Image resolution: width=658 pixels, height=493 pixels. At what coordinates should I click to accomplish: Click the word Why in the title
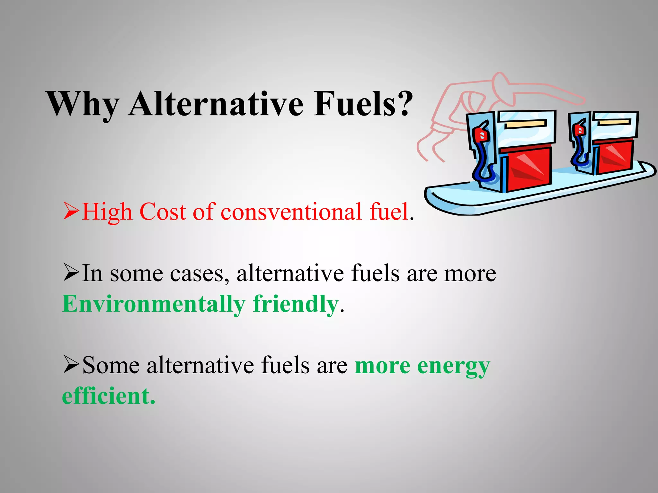point(83,105)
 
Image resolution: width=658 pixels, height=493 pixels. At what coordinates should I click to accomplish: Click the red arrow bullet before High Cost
point(71,211)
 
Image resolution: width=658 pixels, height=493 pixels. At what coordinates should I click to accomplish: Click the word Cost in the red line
point(162,212)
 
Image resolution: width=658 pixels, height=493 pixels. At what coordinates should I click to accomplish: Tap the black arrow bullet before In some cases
point(71,272)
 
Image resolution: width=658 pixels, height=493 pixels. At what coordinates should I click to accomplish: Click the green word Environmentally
point(154,304)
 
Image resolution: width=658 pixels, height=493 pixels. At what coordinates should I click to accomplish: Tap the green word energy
point(453,366)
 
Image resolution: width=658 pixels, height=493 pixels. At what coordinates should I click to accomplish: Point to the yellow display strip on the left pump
point(525,124)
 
